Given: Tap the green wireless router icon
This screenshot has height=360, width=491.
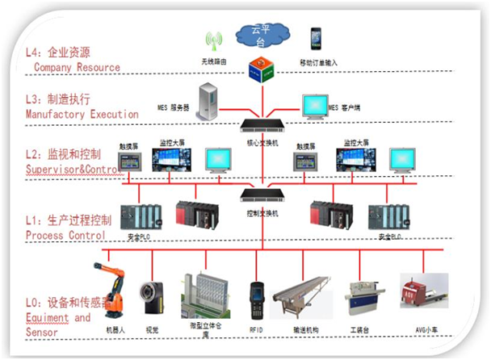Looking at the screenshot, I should [x=213, y=42].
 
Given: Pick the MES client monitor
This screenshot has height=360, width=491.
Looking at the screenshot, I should [x=315, y=106].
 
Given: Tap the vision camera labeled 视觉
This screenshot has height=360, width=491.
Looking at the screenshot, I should [x=151, y=296].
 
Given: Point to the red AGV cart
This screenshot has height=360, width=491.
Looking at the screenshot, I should [x=423, y=293].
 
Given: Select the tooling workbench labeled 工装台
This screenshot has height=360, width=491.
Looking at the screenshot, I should [x=363, y=299].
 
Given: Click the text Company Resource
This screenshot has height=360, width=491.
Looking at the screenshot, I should [x=77, y=68].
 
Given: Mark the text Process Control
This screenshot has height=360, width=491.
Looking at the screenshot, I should [x=65, y=235].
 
